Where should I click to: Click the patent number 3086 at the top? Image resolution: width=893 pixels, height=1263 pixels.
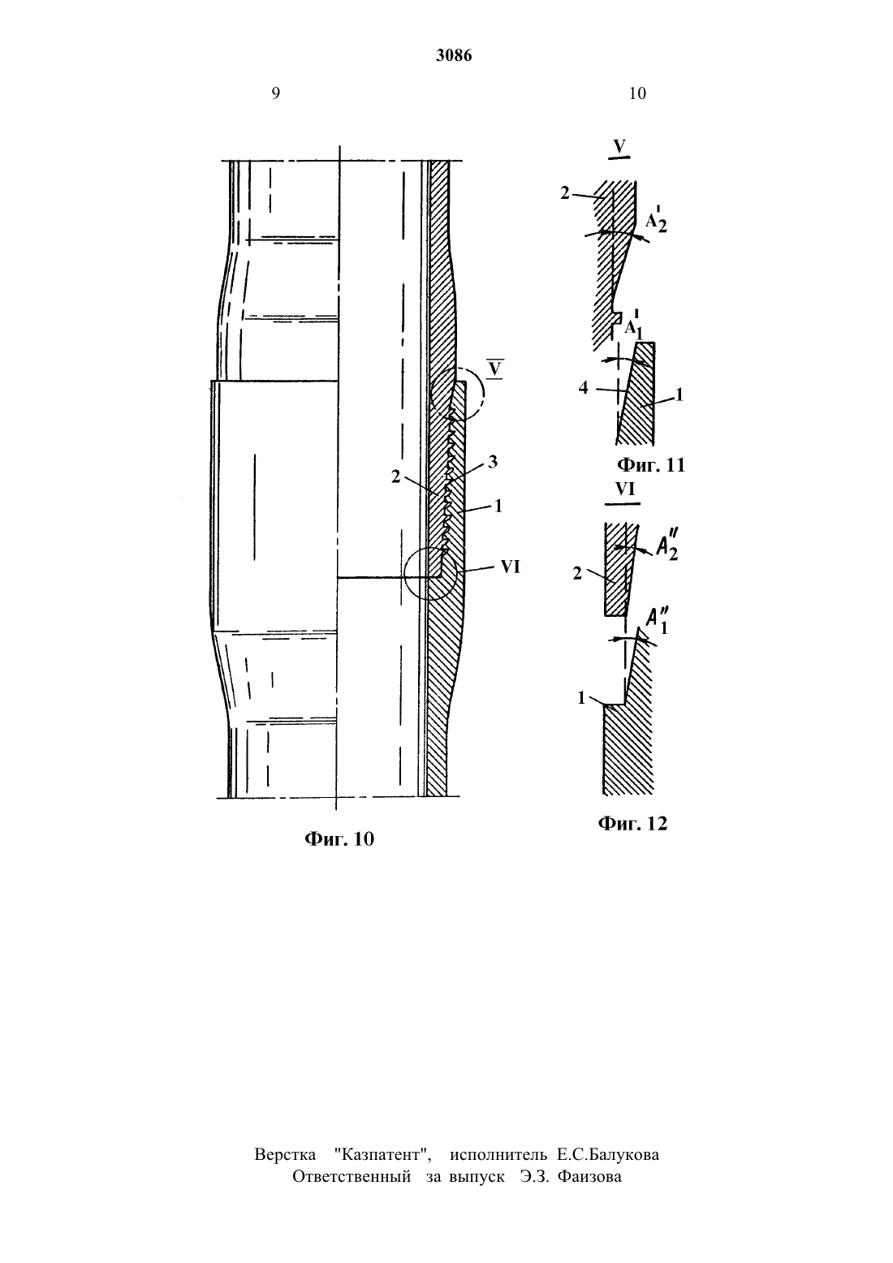pyautogui.click(x=454, y=55)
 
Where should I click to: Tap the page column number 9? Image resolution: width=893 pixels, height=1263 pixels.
pyautogui.click(x=276, y=93)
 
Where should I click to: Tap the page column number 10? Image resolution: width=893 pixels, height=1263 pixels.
pyautogui.click(x=637, y=93)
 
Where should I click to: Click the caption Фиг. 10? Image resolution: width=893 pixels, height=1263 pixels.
pyautogui.click(x=339, y=838)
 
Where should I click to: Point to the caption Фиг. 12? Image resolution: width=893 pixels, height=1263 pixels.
pyautogui.click(x=632, y=823)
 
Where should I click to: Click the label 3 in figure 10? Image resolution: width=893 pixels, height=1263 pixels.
pyautogui.click(x=493, y=462)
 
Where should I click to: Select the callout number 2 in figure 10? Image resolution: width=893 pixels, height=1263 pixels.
pyautogui.click(x=395, y=476)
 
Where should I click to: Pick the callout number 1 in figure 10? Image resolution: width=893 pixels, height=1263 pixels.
pyautogui.click(x=498, y=505)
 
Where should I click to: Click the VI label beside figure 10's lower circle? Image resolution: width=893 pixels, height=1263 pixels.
pyautogui.click(x=510, y=567)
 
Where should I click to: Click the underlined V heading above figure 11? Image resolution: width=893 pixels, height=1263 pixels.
pyautogui.click(x=619, y=147)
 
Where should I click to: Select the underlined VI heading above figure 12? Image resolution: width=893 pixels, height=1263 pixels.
pyautogui.click(x=624, y=489)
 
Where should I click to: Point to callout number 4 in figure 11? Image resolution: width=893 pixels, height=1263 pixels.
pyautogui.click(x=583, y=388)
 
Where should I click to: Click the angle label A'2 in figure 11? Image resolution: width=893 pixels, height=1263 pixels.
pyautogui.click(x=656, y=221)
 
